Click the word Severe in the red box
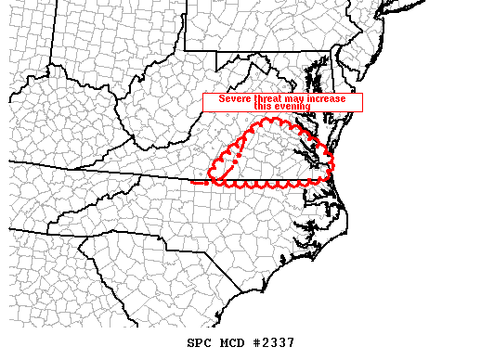pos(233,98)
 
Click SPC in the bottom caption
pos(201,342)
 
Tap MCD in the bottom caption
pos(233,342)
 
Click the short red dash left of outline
pos(197,183)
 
